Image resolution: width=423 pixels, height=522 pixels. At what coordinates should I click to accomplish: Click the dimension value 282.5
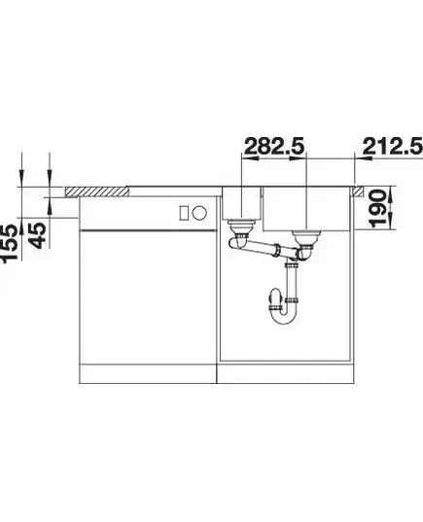click(x=275, y=146)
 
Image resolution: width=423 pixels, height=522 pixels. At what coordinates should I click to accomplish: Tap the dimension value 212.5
click(x=393, y=146)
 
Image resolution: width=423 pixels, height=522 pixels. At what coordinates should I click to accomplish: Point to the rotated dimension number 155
click(x=9, y=243)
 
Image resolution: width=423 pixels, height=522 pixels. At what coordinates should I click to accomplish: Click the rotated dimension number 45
click(x=36, y=235)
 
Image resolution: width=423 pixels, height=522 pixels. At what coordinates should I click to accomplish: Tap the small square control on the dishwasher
click(x=184, y=213)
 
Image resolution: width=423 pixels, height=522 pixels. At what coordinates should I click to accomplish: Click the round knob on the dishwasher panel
click(x=200, y=213)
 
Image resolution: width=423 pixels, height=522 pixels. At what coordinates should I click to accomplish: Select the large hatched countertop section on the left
click(x=97, y=191)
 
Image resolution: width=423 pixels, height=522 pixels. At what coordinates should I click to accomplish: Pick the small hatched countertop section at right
click(x=359, y=191)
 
